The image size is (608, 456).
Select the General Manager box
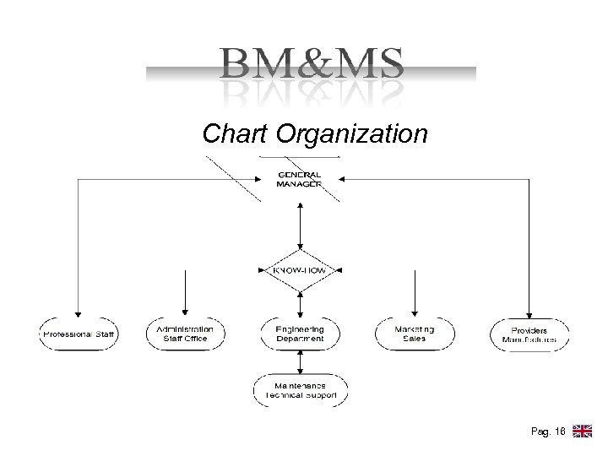(x=301, y=179)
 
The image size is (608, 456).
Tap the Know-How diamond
(x=301, y=270)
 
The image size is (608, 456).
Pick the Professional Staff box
(x=79, y=334)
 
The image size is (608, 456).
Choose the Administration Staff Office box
(x=185, y=334)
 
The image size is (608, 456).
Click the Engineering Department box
(x=301, y=334)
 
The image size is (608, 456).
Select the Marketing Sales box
(x=415, y=334)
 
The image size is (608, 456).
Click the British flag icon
(x=582, y=432)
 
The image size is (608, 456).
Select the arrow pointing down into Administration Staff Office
(x=185, y=291)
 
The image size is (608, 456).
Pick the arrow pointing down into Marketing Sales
(x=415, y=291)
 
